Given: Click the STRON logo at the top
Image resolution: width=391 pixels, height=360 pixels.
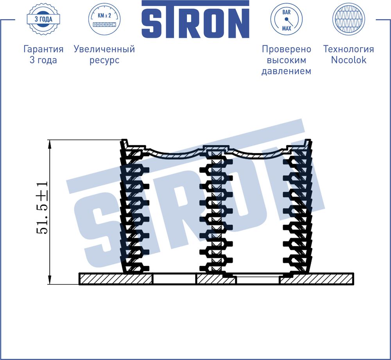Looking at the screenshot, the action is click(195, 19).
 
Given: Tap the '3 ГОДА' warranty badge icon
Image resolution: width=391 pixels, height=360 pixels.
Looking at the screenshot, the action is click(43, 19).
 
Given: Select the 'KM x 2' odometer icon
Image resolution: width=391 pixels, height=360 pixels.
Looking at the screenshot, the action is click(104, 19).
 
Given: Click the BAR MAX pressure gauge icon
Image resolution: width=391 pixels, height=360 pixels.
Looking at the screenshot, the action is click(286, 19).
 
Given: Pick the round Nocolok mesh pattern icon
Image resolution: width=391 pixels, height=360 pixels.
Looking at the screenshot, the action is click(348, 19).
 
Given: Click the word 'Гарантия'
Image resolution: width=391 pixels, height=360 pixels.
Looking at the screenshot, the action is click(43, 49).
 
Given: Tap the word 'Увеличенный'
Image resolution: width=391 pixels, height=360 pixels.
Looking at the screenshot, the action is click(104, 49).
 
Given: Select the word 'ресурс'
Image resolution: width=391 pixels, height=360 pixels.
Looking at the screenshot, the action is click(104, 61).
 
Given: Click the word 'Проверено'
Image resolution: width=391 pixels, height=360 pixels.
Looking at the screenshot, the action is click(286, 49).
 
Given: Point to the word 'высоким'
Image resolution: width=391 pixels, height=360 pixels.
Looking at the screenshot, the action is click(286, 60).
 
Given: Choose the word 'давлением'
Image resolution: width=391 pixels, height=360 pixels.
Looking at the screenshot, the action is click(286, 71).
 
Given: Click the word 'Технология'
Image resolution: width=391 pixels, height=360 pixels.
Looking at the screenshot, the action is click(348, 49).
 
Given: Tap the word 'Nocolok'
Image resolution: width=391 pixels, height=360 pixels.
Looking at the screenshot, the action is click(348, 60).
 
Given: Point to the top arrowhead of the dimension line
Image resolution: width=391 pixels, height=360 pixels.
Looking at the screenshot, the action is click(50, 144).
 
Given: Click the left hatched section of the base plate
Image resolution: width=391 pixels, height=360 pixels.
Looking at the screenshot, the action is click(116, 279).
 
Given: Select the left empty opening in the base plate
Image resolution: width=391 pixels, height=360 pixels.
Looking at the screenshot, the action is click(174, 279).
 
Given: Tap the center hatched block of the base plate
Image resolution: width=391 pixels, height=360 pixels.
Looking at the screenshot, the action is click(216, 279).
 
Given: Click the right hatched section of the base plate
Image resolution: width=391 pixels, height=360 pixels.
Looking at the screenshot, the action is click(317, 279).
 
